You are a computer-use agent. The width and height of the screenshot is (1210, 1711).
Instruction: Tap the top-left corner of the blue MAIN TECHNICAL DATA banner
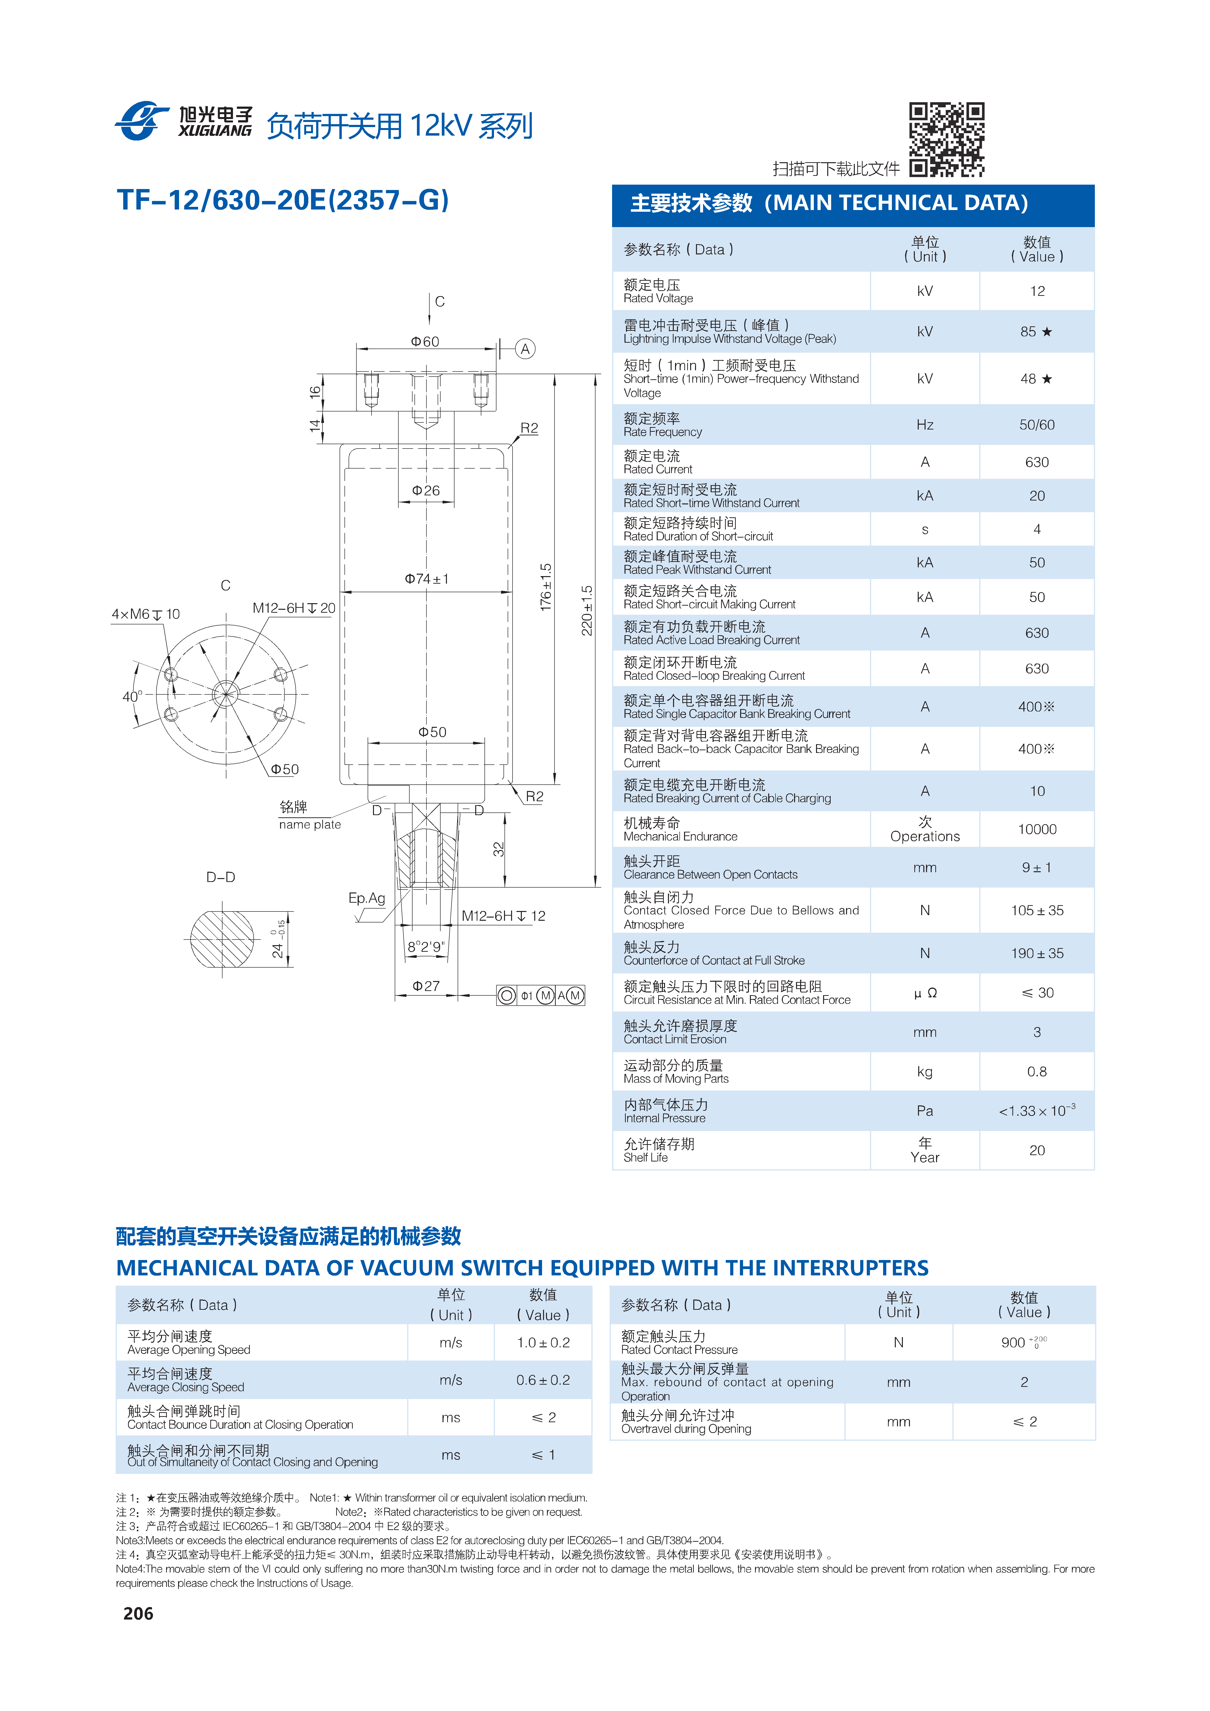click(612, 185)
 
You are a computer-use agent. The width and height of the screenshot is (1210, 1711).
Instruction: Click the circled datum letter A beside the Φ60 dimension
click(526, 349)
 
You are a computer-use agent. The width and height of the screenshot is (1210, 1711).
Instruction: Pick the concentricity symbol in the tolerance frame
click(506, 995)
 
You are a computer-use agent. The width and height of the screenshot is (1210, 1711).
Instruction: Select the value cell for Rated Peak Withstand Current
click(1037, 563)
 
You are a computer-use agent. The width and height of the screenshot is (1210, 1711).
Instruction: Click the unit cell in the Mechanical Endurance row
click(925, 829)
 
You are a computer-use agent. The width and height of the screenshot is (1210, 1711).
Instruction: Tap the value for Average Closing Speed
click(544, 1380)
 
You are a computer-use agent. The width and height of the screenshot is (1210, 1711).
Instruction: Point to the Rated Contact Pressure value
click(1024, 1342)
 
